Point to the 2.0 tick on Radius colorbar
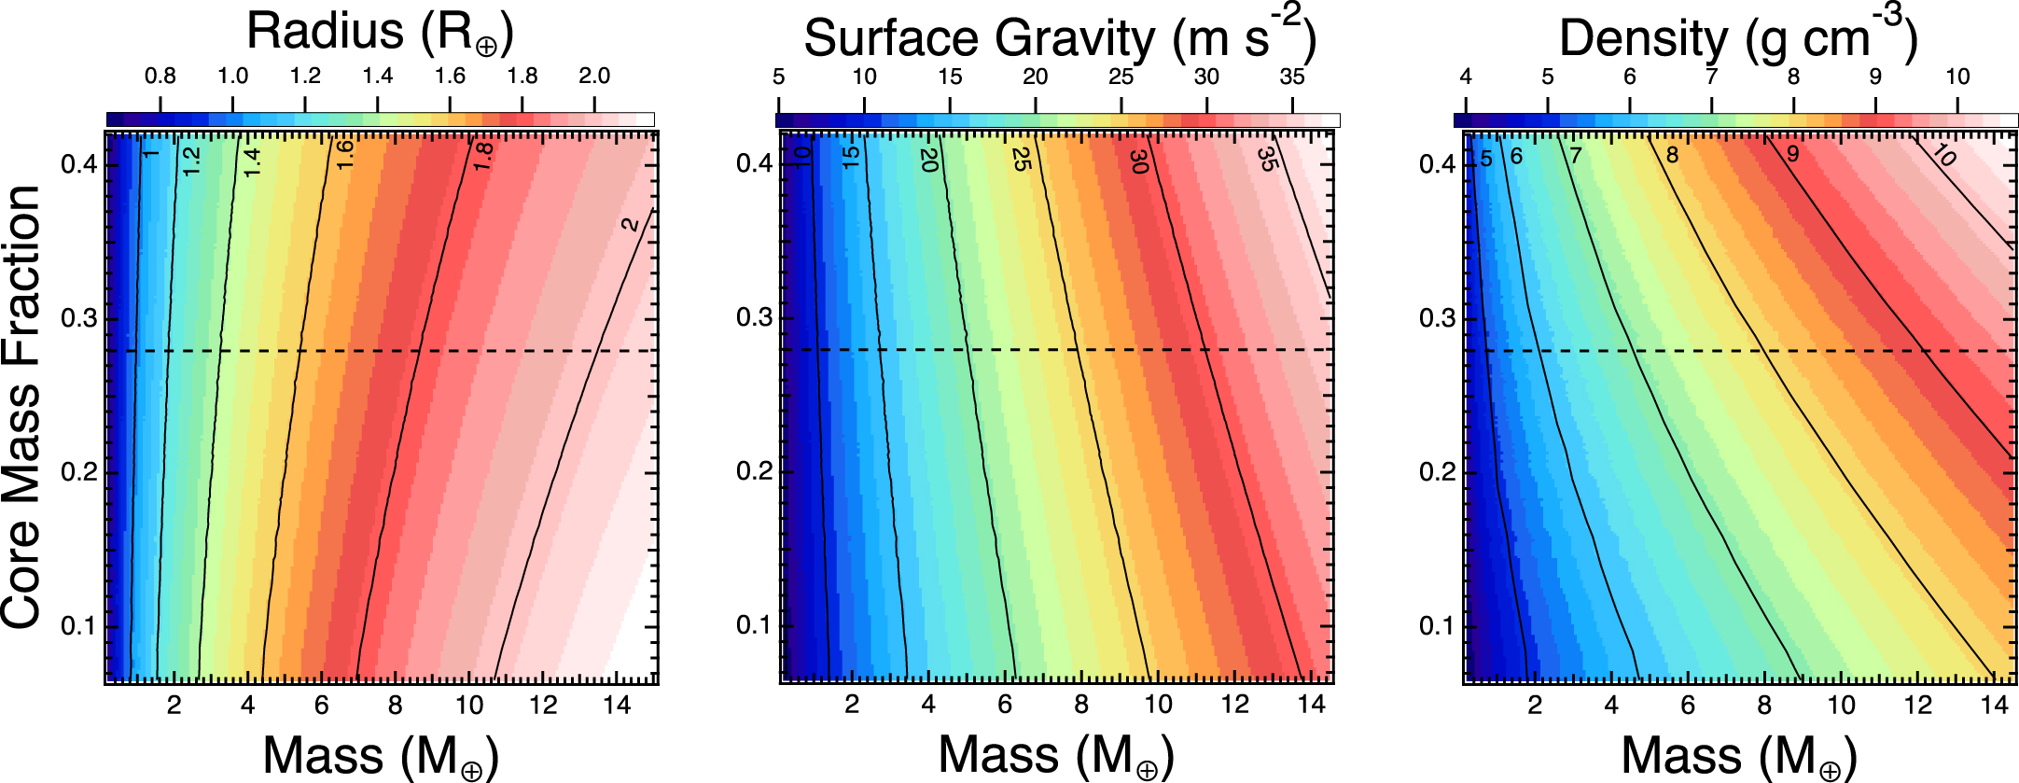594,77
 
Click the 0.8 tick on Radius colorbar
160,77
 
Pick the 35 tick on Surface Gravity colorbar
1292,77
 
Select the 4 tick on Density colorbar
1466,77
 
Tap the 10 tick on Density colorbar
1957,77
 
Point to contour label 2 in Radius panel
631,224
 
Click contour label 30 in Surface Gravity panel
1138,161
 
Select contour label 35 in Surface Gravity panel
1266,159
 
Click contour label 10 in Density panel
1944,155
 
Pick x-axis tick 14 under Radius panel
617,706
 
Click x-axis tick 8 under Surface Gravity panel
1081,706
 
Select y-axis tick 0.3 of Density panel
1437,318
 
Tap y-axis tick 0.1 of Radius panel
78,625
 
